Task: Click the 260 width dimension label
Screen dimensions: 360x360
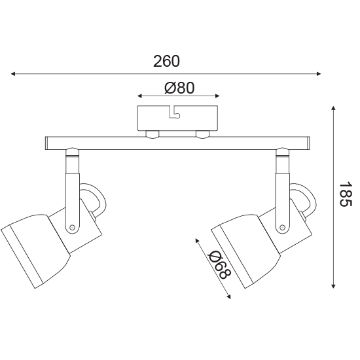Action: (166, 62)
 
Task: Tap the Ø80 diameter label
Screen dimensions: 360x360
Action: (179, 88)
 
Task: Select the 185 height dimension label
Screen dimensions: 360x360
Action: (346, 194)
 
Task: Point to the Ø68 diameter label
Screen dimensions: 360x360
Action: (219, 264)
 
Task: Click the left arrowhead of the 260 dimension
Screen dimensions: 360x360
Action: (13, 74)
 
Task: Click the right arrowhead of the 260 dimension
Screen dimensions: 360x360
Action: (319, 74)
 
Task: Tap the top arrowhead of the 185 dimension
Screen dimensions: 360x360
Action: (334, 108)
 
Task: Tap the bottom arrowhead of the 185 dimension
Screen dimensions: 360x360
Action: (334, 286)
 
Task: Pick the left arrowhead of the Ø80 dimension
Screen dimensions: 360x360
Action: (139, 96)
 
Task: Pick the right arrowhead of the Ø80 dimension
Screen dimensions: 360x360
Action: (217, 96)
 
